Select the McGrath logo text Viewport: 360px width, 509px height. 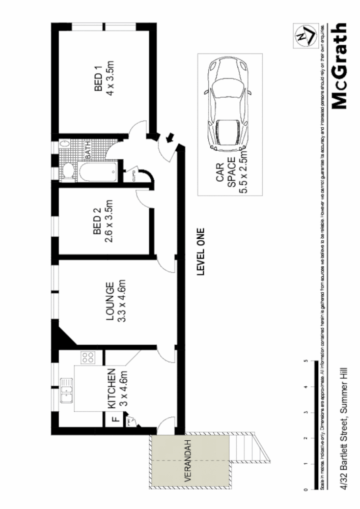[x=339, y=66]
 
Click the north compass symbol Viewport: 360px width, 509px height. [x=303, y=34]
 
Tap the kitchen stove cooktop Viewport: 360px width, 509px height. [x=87, y=358]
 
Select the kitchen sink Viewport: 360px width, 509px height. [x=66, y=391]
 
